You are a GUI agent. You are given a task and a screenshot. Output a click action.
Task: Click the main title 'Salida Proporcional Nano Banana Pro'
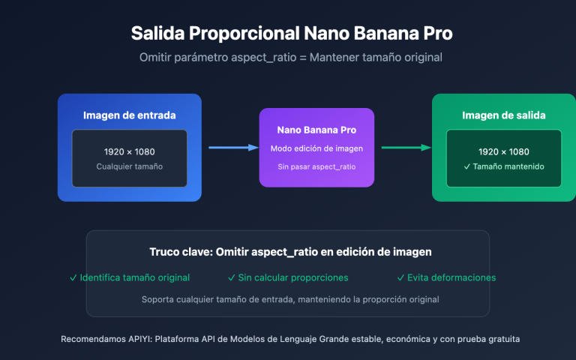[x=292, y=34]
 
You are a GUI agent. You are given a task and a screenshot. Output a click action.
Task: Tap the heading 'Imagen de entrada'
[x=129, y=115]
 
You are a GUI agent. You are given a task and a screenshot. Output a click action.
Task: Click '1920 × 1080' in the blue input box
[x=129, y=151]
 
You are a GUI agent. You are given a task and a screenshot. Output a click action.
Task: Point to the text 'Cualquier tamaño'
[x=129, y=166]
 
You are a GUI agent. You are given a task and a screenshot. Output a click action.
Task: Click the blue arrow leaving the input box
[x=229, y=148]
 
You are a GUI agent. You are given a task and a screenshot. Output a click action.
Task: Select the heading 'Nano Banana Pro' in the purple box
[x=316, y=129]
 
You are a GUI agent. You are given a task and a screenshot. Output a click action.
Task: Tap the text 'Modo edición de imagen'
[x=316, y=148]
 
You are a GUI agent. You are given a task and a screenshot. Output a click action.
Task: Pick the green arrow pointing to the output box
[x=405, y=148]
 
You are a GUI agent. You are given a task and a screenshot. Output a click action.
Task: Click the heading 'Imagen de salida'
[x=503, y=115]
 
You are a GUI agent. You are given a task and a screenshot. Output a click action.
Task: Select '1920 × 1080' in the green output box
[x=503, y=151]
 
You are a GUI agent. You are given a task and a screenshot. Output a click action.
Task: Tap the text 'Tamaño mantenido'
[x=508, y=166]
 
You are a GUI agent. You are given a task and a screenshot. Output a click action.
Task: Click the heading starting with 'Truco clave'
[x=290, y=253]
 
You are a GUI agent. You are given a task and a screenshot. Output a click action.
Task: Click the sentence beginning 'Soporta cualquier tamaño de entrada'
[x=290, y=299]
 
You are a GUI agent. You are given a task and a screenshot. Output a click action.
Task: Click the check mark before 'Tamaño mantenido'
[x=467, y=166]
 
